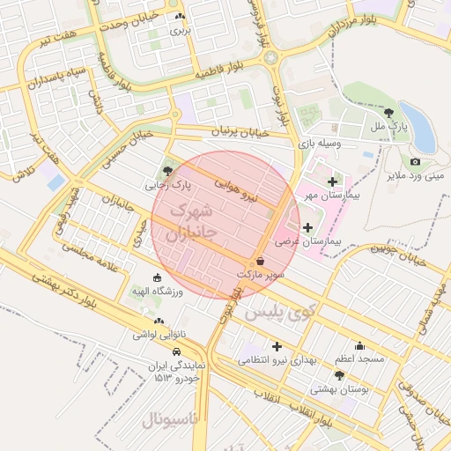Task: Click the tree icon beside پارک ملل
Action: point(389,112)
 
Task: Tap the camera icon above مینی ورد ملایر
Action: point(415,161)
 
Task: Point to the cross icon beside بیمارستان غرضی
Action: point(307,228)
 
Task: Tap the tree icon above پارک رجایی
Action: point(168,171)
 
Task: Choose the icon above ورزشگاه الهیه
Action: point(158,277)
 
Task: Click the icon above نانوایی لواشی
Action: point(159,322)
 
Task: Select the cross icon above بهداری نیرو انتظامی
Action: point(277,346)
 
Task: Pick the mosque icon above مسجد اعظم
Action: point(359,346)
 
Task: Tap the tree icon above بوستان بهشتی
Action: point(339,375)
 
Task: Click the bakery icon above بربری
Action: point(181,17)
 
